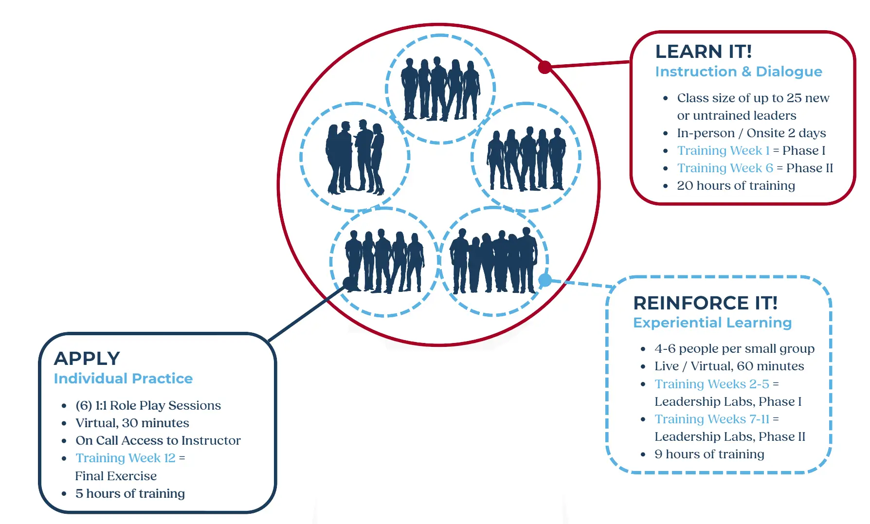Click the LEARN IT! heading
click(x=703, y=52)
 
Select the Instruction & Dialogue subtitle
click(x=738, y=72)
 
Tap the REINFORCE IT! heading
click(x=705, y=303)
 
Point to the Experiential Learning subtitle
click(x=712, y=323)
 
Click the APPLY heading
click(x=87, y=359)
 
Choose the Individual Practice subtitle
click(x=123, y=379)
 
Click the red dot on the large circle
click(x=544, y=67)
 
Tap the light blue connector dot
click(x=545, y=280)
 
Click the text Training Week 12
click(x=125, y=458)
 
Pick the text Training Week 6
click(x=725, y=168)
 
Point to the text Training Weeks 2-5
click(x=712, y=384)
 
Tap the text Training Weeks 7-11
click(x=712, y=419)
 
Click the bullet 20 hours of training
click(x=736, y=185)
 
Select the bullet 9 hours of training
click(x=709, y=454)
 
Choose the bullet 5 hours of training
click(x=130, y=493)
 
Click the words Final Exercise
click(x=116, y=476)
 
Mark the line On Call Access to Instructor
click(x=158, y=440)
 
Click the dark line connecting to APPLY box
click(x=307, y=313)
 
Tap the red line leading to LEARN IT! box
click(x=589, y=64)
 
